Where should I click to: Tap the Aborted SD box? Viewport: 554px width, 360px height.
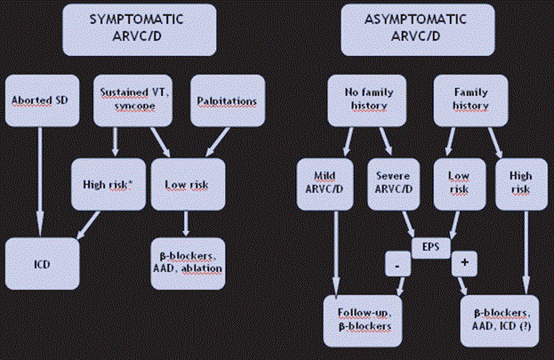coord(38,101)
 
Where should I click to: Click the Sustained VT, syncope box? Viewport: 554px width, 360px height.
coord(129,101)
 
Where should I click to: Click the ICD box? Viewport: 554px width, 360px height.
coord(40,263)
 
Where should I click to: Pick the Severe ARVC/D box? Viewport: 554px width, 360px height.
coord(392,183)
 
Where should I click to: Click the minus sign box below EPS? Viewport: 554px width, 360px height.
coord(397,263)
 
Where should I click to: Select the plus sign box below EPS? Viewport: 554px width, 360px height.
coord(464,263)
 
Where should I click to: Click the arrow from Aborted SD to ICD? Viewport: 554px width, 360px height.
coord(38,182)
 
